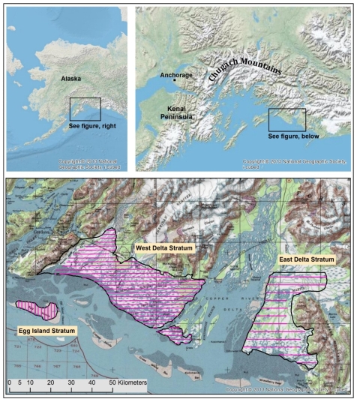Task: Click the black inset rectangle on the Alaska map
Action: pyautogui.click(x=85, y=109)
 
